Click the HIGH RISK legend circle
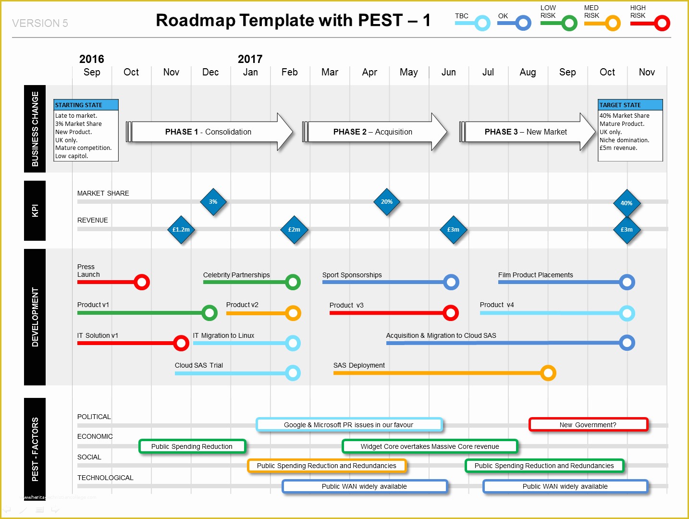(x=662, y=23)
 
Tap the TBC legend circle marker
(x=482, y=23)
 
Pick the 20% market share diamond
(x=387, y=202)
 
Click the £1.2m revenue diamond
(x=181, y=230)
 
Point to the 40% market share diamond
(x=627, y=203)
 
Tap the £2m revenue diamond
(x=294, y=230)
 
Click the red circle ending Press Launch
(x=142, y=282)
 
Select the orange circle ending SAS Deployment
(x=548, y=373)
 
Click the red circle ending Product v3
(x=450, y=313)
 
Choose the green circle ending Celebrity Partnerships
(x=293, y=282)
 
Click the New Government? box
(x=588, y=425)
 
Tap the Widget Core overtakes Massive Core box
(x=430, y=446)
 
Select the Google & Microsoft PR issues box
(x=349, y=425)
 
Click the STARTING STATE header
(x=86, y=105)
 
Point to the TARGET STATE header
(x=630, y=105)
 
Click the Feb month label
(x=290, y=72)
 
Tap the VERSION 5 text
(x=40, y=23)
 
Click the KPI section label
(x=35, y=210)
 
